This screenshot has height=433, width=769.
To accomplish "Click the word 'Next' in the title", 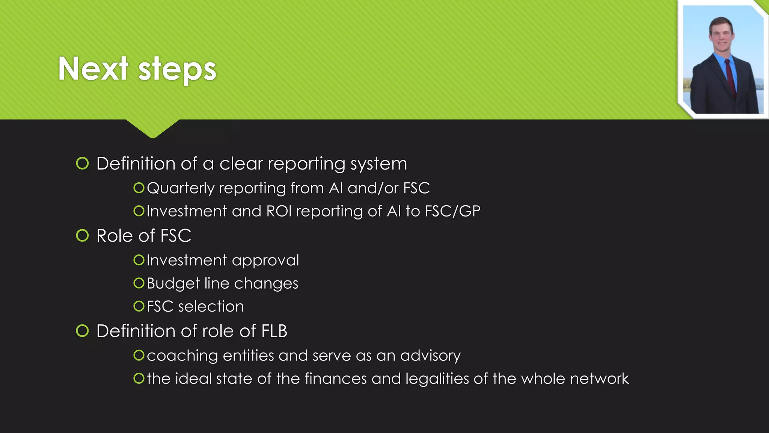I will point(93,68).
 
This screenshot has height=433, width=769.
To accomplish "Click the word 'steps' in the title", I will point(177,70).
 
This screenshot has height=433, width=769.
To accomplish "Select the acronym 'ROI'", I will point(279,211).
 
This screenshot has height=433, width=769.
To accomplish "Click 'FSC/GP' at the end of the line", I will point(452,211).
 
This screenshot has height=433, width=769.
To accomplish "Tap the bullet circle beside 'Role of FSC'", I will point(82,236).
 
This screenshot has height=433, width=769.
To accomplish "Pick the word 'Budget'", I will point(173,283).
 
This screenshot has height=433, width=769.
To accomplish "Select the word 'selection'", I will point(211,306).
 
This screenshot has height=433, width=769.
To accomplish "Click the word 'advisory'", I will point(430,356).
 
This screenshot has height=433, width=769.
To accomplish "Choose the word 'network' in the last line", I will point(599,379).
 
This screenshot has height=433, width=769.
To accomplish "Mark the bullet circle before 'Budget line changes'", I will point(139,283).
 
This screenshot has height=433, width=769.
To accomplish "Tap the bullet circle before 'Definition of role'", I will point(82,331).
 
